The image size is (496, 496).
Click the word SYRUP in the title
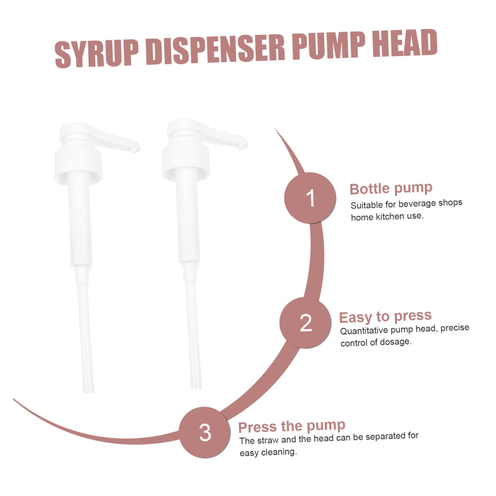point(97,53)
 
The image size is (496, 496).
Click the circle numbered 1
point(310,198)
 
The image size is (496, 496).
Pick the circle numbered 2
point(306,323)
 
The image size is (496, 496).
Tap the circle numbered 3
point(205,432)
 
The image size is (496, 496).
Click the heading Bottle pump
point(391,188)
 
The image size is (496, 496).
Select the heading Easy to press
point(385,317)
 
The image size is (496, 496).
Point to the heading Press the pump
point(292,426)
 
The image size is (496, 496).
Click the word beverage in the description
point(417,204)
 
